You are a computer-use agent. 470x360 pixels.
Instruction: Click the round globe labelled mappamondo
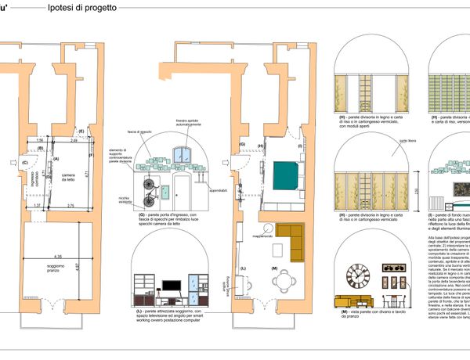point(269,228)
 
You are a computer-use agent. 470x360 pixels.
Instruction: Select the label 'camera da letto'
point(69,177)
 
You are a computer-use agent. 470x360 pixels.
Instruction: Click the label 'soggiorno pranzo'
point(56,269)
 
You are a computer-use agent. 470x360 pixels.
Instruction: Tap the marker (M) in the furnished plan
point(274,269)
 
